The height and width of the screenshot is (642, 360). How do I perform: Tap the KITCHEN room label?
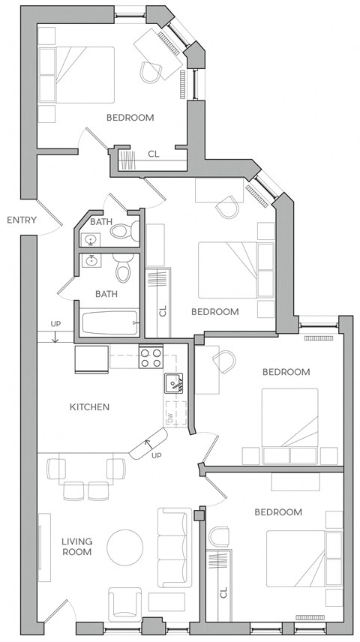coord(89,407)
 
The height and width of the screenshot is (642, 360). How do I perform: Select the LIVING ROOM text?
coord(76,545)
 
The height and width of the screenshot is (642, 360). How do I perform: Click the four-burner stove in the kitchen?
coord(151,357)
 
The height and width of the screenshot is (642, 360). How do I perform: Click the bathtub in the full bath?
coord(109,323)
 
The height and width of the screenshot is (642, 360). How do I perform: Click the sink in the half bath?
coord(91,240)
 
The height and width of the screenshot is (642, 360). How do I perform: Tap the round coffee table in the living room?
coord(124,547)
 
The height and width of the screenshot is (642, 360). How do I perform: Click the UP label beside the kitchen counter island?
coord(157,455)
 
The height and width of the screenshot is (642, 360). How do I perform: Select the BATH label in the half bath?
coord(102,222)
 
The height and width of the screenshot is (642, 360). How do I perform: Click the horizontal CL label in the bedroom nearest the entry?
coord(153,154)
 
